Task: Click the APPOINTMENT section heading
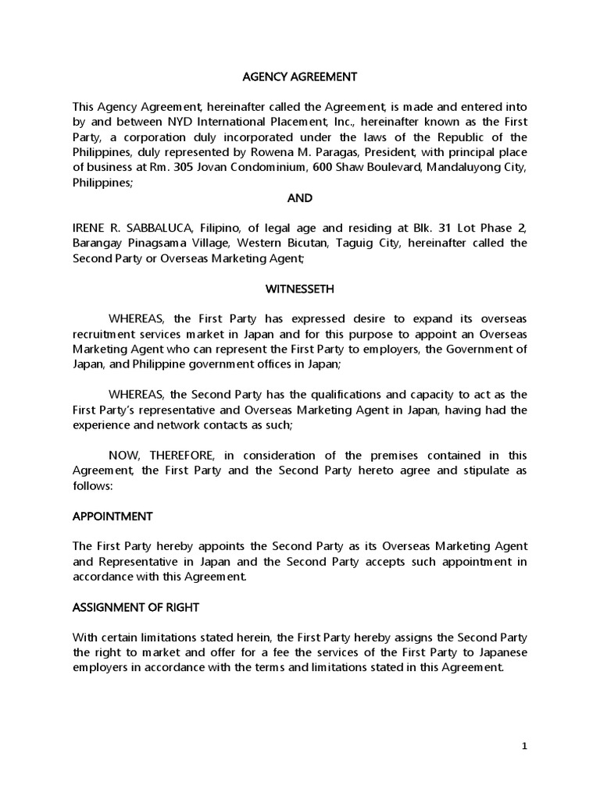(112, 517)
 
